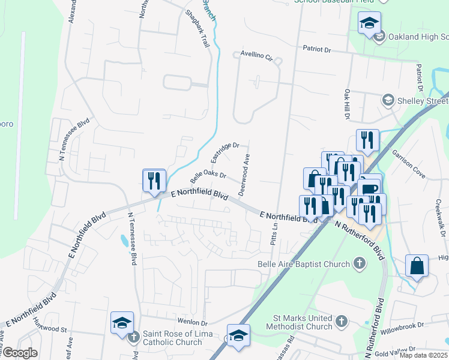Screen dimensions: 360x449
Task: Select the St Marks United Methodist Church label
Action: [x=302, y=322]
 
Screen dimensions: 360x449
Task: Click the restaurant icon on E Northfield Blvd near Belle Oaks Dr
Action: [x=154, y=181]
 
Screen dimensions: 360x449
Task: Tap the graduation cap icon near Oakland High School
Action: [x=369, y=24]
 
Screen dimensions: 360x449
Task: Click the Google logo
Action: [x=19, y=353]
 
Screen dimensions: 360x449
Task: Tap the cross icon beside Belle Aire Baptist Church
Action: [x=359, y=263]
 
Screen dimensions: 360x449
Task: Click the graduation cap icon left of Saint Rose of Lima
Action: [x=122, y=323]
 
